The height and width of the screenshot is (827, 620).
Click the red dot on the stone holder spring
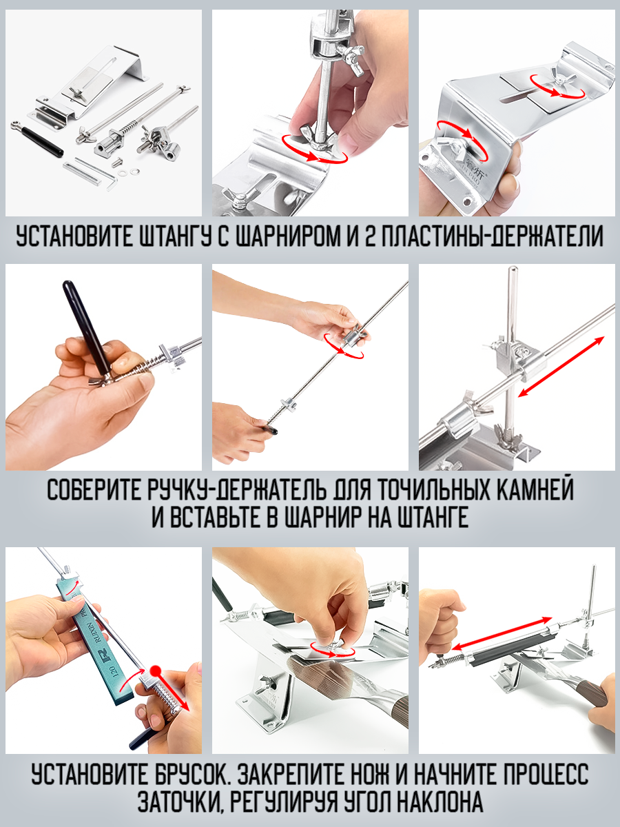point(155,671)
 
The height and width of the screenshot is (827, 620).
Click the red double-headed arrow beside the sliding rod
point(561,366)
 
